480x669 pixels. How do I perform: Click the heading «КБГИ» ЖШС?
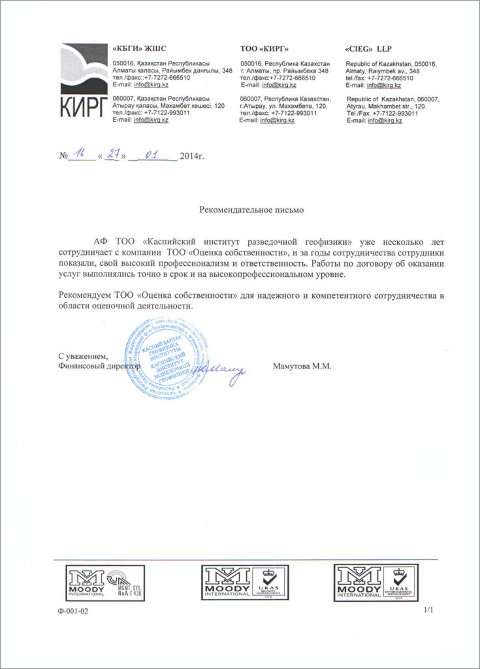(x=140, y=49)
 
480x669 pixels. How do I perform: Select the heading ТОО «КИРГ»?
(x=264, y=49)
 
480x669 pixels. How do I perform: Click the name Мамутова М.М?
(x=302, y=367)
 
